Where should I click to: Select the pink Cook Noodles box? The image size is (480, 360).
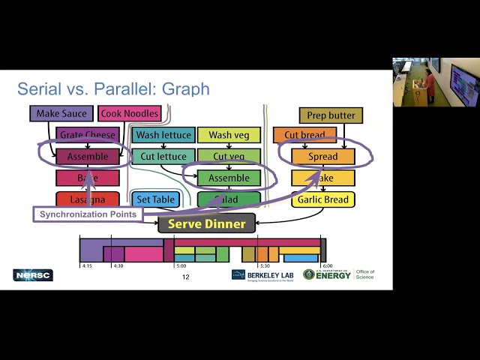pos(129,114)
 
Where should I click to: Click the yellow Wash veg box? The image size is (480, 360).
pos(229,136)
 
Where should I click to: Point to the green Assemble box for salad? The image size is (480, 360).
pos(229,178)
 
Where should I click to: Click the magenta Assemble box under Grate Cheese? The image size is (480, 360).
pos(87,157)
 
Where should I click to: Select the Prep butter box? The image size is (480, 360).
pos(331,115)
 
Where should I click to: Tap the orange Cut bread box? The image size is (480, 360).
pos(304,136)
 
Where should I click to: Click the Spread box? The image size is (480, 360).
pos(323,157)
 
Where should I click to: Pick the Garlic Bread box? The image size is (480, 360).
pos(323,199)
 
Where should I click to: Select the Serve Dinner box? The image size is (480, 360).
pos(206,223)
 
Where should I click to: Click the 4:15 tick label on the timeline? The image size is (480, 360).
pos(87,266)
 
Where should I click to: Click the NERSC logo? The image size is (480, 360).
pos(33,275)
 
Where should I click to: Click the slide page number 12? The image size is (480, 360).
pos(185,277)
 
